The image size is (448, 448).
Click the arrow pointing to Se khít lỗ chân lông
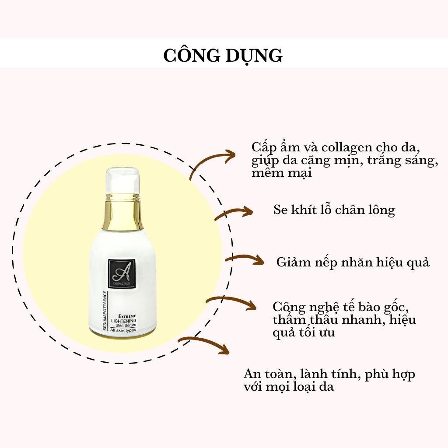coord(234,213)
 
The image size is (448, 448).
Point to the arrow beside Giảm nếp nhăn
coord(245,259)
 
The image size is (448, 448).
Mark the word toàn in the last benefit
coord(275,375)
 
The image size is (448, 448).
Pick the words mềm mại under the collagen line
coord(281,173)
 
